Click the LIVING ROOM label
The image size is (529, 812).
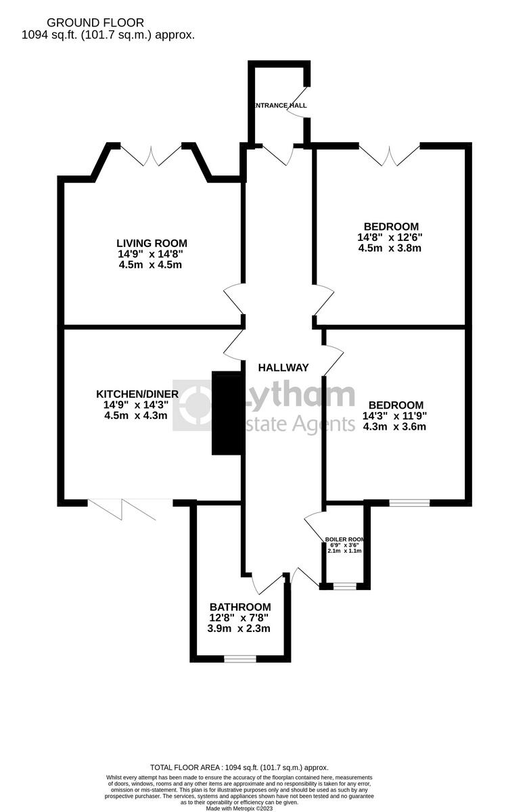pyautogui.click(x=152, y=243)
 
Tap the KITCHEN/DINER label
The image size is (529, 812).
pyautogui.click(x=137, y=394)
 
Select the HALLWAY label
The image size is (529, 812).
pyautogui.click(x=283, y=367)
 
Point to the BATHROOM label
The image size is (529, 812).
pyautogui.click(x=240, y=607)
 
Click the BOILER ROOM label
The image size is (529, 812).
pyautogui.click(x=345, y=539)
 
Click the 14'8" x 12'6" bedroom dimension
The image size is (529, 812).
pyautogui.click(x=391, y=238)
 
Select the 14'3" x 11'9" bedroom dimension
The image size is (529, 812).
pyautogui.click(x=394, y=416)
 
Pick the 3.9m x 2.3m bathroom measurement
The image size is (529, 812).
pyautogui.click(x=239, y=628)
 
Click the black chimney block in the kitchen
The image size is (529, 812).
pyautogui.click(x=227, y=413)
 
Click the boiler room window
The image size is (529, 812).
pyautogui.click(x=344, y=586)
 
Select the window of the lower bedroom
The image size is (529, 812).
pyautogui.click(x=409, y=503)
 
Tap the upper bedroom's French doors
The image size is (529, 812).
pyautogui.click(x=389, y=155)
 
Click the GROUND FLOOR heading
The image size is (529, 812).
pyautogui.click(x=91, y=23)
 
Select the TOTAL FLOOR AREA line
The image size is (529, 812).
pyautogui.click(x=239, y=767)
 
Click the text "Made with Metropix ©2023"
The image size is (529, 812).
pyautogui.click(x=239, y=808)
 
